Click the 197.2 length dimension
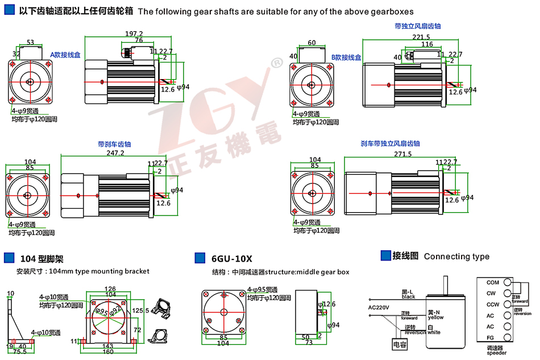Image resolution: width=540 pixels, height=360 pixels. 134,34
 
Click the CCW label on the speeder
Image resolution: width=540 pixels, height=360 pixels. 492,304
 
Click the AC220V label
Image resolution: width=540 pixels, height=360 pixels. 379,308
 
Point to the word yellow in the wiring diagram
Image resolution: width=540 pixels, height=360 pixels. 436,317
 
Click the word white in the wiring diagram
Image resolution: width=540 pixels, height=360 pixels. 435,332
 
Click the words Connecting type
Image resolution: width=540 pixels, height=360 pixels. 456,256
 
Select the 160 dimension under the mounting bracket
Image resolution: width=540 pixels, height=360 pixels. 108,351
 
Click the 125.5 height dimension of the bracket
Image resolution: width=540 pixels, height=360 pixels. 140,311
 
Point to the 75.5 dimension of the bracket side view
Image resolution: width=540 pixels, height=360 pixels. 20,351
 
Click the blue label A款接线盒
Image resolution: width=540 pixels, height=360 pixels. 65,55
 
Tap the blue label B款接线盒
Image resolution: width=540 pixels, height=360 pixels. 346,57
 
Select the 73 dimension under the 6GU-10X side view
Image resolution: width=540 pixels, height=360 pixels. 309,343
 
